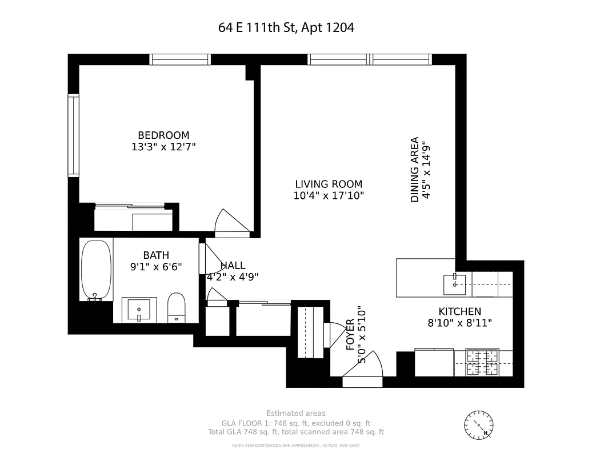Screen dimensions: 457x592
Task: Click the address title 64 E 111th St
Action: (x=286, y=27)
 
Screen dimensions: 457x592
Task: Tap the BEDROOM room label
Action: (x=163, y=135)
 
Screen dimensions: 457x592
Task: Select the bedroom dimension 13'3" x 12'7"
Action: (x=163, y=147)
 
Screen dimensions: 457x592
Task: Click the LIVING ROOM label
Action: (x=328, y=184)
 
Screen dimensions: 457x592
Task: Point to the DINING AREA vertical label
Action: (x=415, y=170)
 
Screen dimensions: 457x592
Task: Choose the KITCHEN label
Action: (x=459, y=311)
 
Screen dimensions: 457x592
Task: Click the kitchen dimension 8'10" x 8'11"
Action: (x=459, y=323)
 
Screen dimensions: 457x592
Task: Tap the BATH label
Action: (x=156, y=255)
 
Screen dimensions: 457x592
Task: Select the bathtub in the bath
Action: (x=95, y=270)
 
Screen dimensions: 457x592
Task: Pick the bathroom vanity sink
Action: (x=139, y=310)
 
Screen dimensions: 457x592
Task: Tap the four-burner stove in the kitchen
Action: (x=482, y=362)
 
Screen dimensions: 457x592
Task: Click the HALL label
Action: (x=233, y=266)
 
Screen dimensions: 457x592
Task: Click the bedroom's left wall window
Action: (x=73, y=135)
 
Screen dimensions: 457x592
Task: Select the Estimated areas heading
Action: (x=296, y=413)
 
